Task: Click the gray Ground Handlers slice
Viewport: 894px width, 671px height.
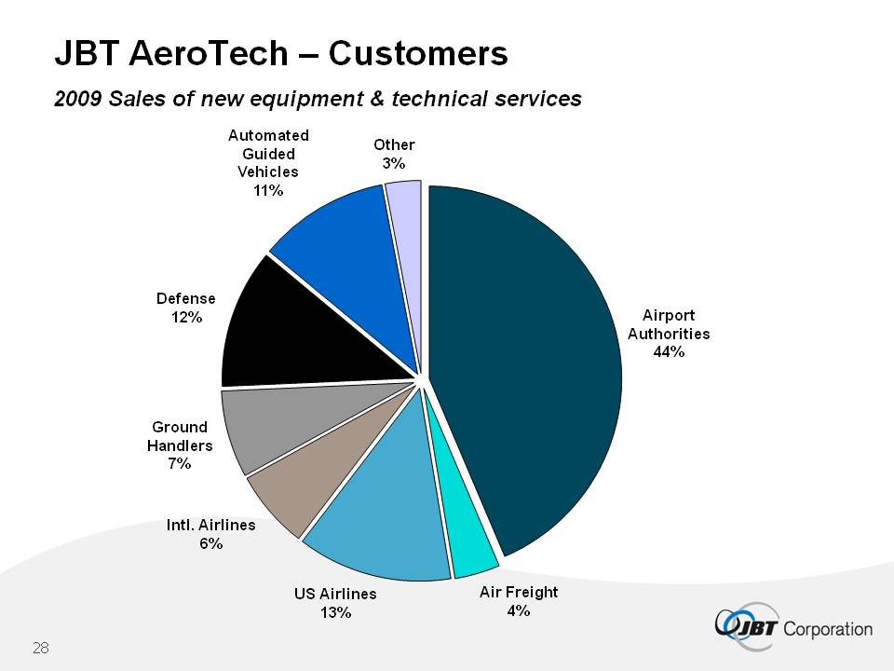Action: pos(270,429)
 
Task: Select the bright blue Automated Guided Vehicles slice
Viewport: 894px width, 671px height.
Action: pos(345,242)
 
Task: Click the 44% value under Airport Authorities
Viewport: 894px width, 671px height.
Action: pos(669,351)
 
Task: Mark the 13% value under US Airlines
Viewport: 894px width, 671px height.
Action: pos(335,612)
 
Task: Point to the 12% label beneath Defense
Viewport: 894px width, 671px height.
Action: pos(185,317)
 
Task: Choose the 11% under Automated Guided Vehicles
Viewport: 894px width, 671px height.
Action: pos(268,189)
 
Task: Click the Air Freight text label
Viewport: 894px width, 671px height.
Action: pos(519,592)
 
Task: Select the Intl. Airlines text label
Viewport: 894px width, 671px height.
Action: pos(210,526)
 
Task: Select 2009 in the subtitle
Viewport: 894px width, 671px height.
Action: pos(78,99)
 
